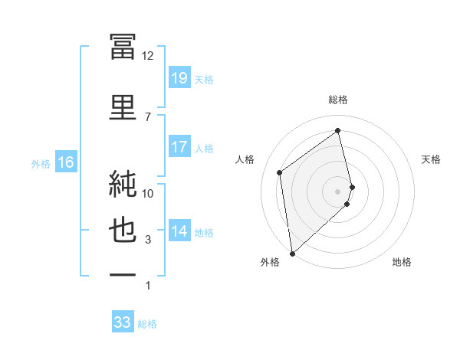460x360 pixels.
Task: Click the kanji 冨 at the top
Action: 123,47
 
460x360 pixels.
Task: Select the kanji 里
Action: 123,107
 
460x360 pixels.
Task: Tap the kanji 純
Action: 123,184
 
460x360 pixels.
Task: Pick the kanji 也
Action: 123,230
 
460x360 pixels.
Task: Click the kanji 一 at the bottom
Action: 123,275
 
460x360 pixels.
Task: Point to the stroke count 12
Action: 147,56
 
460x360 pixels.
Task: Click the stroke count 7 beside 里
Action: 148,117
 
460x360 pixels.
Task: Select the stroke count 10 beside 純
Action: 147,194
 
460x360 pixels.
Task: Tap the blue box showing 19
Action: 179,77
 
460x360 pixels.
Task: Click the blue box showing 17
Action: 179,146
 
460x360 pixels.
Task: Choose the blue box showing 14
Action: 179,230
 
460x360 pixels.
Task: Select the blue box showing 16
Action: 66,162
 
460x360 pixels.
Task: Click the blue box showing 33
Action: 123,321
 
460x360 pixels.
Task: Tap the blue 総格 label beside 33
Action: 147,324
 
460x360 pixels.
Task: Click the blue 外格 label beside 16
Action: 41,164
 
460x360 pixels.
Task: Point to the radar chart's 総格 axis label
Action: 338,100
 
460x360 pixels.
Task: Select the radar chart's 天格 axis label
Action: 431,159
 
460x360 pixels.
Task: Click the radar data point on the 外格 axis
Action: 292,254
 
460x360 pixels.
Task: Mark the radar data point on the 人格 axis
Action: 280,172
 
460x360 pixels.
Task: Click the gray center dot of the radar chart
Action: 337,191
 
